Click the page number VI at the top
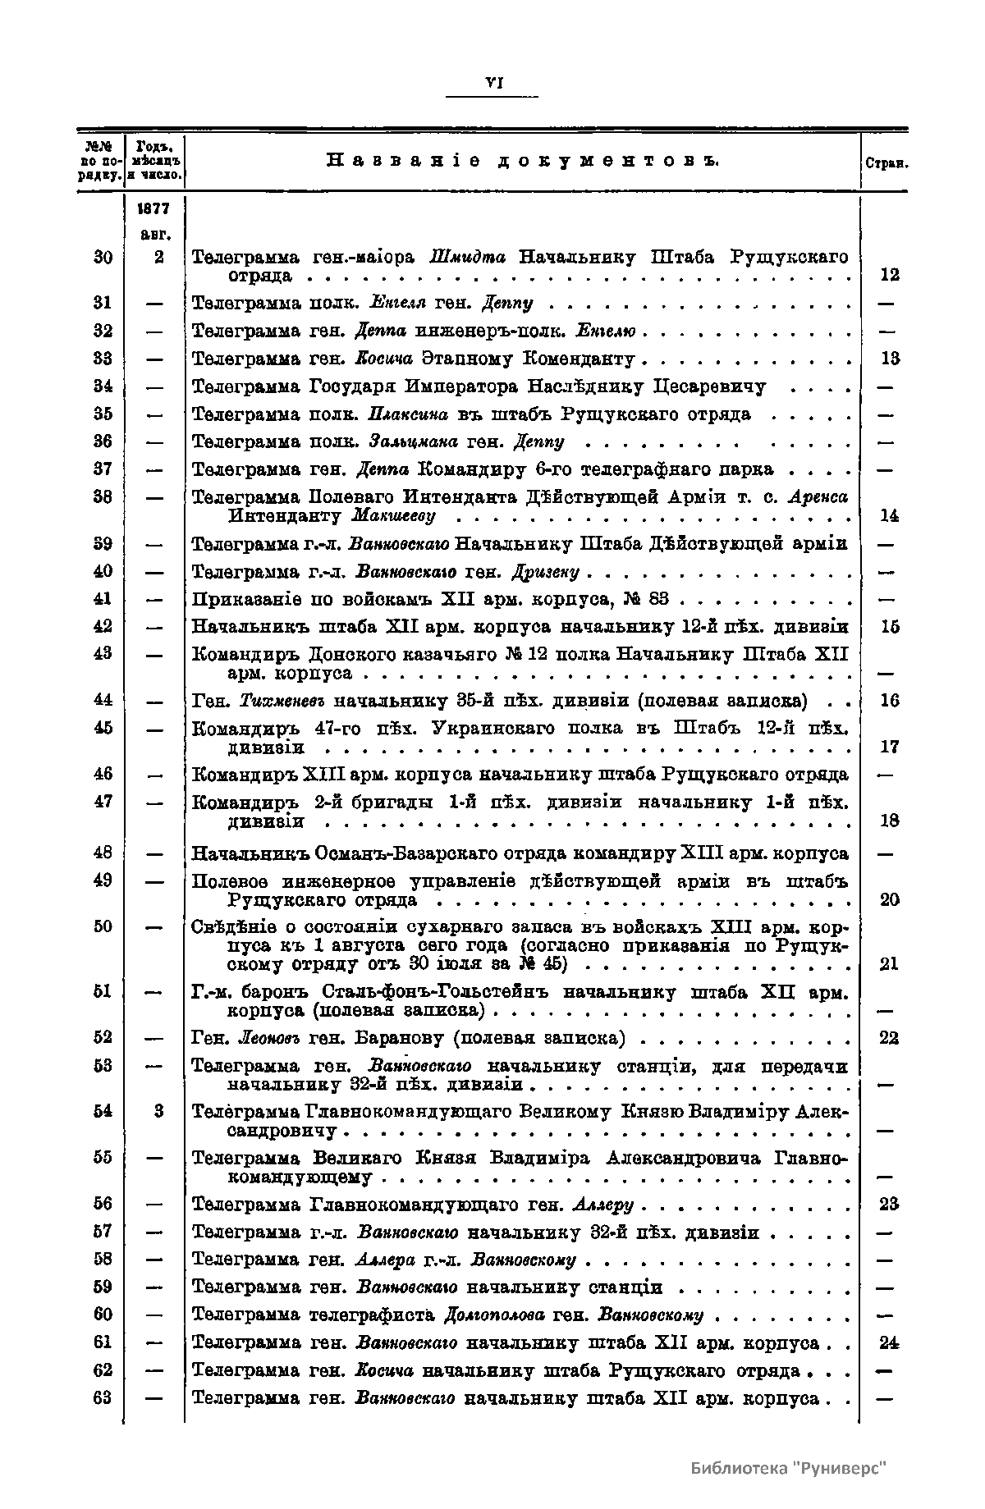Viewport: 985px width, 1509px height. click(494, 82)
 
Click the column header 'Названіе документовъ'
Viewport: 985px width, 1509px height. click(523, 160)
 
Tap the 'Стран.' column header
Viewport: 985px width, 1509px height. click(886, 163)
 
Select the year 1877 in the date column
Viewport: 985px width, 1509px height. click(154, 209)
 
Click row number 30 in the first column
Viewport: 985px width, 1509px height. click(103, 257)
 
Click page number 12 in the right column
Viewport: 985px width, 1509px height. click(889, 276)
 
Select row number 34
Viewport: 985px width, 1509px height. click(103, 386)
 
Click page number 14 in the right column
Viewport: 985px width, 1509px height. click(889, 516)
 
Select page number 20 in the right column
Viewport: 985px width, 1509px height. click(889, 899)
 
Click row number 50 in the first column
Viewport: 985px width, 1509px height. click(103, 926)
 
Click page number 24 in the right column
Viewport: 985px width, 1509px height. click(889, 1343)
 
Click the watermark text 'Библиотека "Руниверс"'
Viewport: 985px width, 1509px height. click(789, 1468)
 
